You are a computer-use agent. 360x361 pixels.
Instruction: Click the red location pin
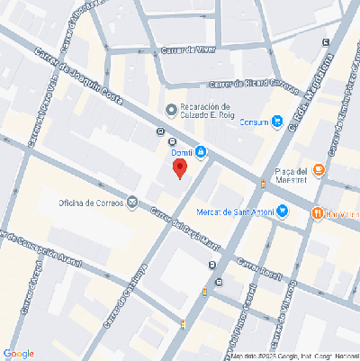(180, 168)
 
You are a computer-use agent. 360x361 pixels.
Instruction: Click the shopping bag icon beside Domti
(201, 152)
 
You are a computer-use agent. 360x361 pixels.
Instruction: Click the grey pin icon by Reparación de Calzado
(172, 110)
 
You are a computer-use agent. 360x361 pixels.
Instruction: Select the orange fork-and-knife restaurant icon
(318, 213)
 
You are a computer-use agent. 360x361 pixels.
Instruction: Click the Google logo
(19, 353)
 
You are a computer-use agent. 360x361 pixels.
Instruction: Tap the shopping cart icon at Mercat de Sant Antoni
(283, 212)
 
